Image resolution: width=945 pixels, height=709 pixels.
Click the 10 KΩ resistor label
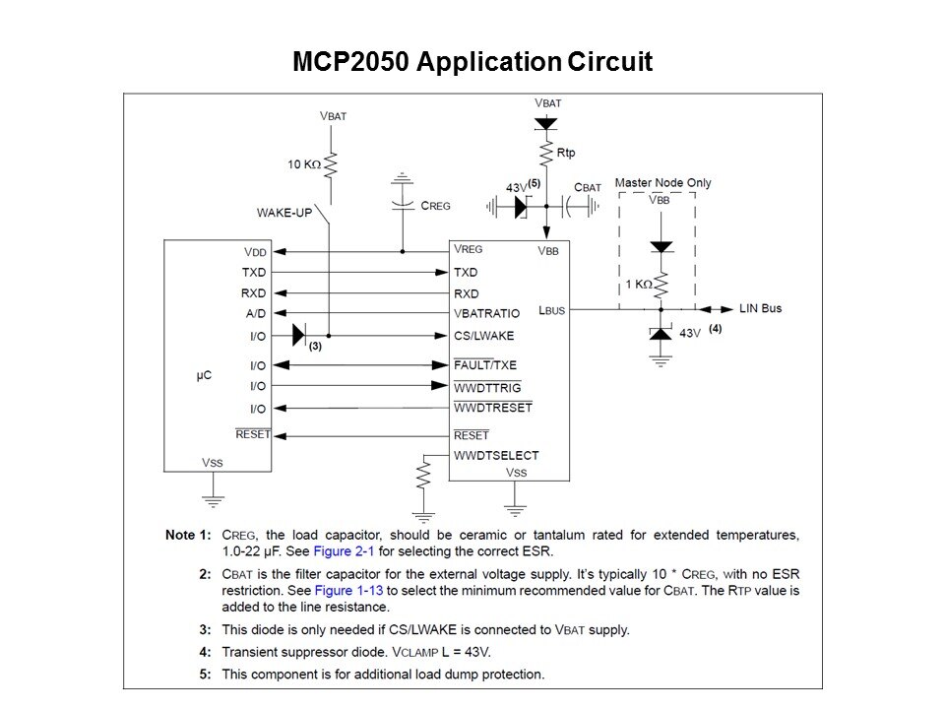[303, 164]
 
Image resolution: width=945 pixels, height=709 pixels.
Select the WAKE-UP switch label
[284, 212]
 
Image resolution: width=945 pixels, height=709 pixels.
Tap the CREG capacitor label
[435, 206]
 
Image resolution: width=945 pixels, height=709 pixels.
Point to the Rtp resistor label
[567, 154]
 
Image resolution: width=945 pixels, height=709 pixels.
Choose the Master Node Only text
[662, 183]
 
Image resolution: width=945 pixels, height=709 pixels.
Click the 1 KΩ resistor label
[638, 284]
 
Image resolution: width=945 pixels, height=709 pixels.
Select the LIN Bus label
[760, 308]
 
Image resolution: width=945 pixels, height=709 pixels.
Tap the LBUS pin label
[553, 309]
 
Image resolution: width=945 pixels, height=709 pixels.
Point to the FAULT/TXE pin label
[484, 365]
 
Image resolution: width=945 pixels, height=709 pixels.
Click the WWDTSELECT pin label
[496, 455]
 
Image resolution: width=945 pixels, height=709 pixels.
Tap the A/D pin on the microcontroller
[255, 314]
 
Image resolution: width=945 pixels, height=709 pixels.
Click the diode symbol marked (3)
[300, 336]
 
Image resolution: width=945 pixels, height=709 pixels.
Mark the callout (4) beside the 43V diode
[716, 329]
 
